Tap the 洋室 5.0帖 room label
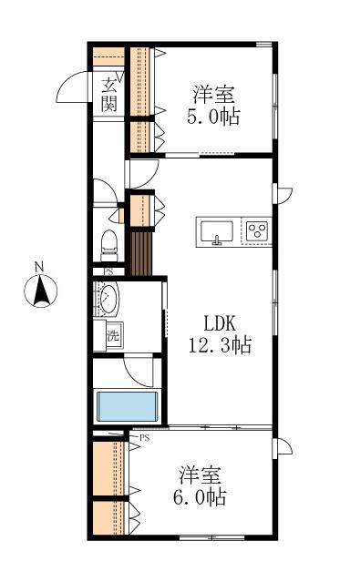tap(213, 106)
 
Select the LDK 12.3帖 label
tap(221, 334)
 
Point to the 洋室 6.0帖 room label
tap(200, 485)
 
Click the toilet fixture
tap(109, 246)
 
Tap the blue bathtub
tap(127, 406)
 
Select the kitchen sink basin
tap(217, 231)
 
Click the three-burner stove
tap(257, 230)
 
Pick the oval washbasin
tap(108, 298)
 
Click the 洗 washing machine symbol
tap(113, 336)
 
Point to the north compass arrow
tap(40, 292)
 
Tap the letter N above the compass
tap(39, 266)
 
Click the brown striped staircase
tap(141, 254)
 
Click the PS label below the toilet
tap(108, 271)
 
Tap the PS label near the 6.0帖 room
tap(145, 438)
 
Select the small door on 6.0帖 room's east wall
tap(283, 447)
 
